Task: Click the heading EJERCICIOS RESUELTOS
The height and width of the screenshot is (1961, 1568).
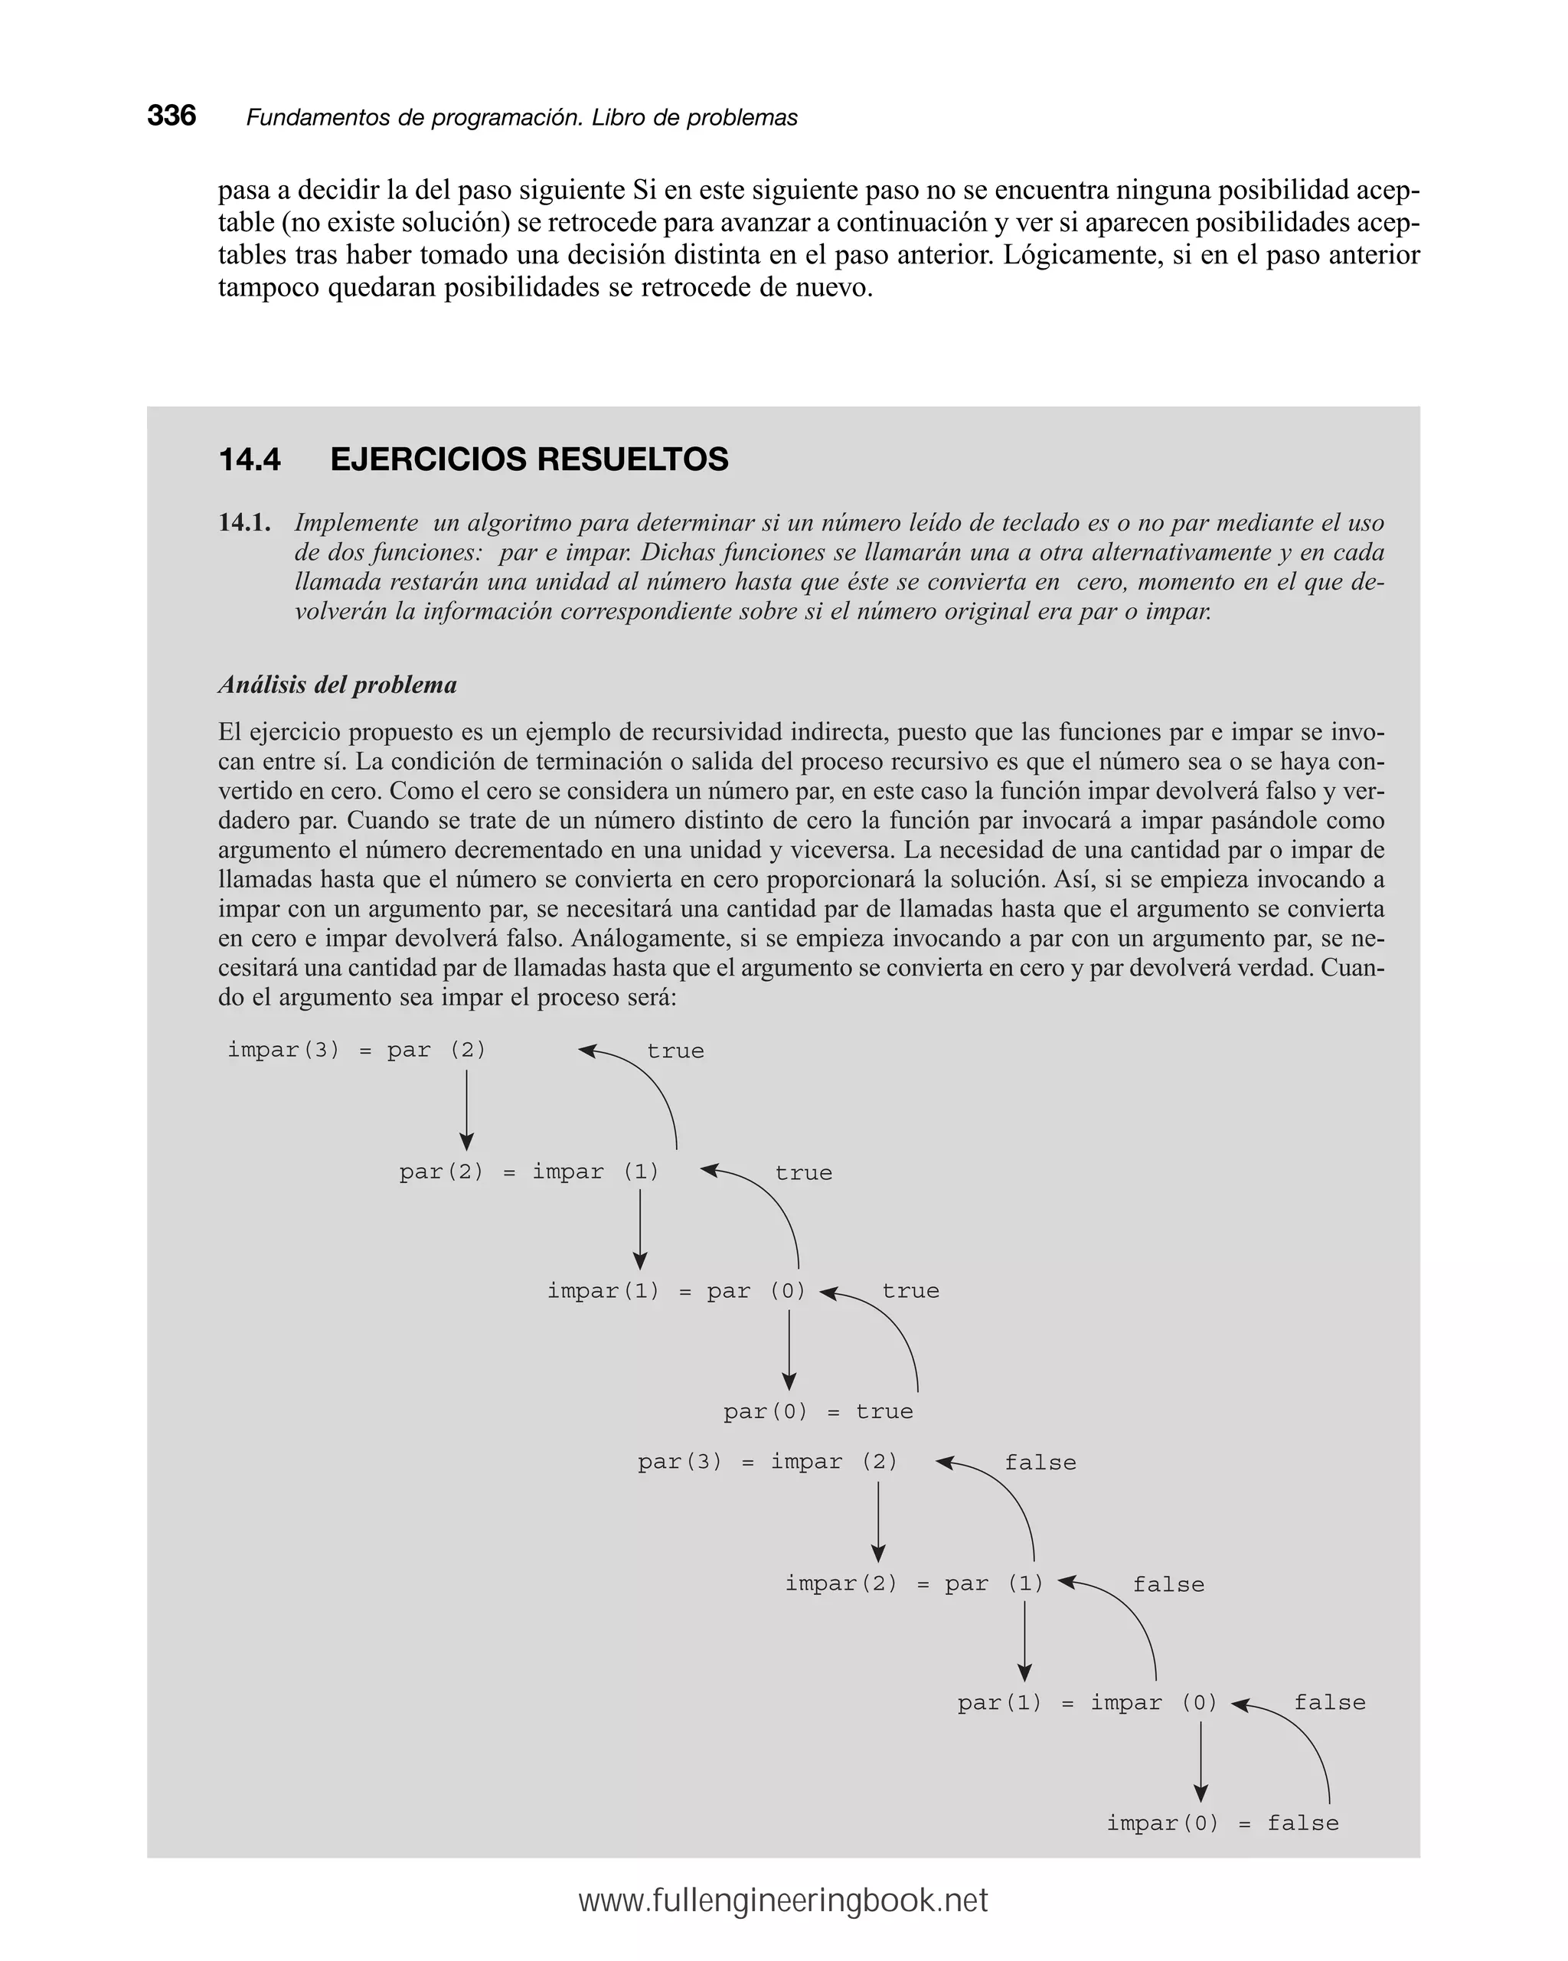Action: tap(528, 459)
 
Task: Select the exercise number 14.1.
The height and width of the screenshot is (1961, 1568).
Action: tap(243, 523)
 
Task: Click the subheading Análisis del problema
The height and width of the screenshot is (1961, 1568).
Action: tap(338, 684)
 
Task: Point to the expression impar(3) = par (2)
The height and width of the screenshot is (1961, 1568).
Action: tap(357, 1050)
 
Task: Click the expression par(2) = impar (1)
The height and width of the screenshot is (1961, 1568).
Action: tap(528, 1172)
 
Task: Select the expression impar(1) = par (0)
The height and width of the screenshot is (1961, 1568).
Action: tap(676, 1291)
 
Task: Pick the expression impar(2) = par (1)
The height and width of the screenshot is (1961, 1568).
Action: tap(913, 1584)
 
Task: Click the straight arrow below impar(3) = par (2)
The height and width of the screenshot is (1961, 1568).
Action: tap(466, 1110)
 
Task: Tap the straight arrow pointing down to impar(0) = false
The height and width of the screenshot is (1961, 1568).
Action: tap(1200, 1763)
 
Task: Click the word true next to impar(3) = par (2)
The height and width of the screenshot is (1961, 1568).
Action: tap(675, 1051)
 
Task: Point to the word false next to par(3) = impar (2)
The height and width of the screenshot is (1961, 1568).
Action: tap(1040, 1463)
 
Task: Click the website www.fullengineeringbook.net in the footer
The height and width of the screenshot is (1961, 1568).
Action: tap(783, 1901)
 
